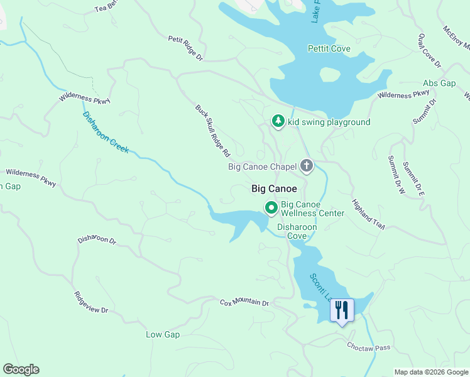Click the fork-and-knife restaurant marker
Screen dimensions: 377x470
[x=342, y=310]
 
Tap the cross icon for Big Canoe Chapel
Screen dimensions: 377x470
[x=306, y=166]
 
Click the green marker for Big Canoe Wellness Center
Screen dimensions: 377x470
[x=271, y=207]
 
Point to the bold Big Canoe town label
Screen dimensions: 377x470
[x=274, y=188]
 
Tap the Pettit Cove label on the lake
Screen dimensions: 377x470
[x=329, y=48]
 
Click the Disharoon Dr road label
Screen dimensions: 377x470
[x=97, y=240]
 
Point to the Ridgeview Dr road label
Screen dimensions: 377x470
[x=91, y=302]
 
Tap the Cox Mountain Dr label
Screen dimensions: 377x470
[x=244, y=302]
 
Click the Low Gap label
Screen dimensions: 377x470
[x=163, y=334]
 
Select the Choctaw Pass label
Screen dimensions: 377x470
[x=369, y=347]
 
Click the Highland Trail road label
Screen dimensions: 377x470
[x=368, y=214]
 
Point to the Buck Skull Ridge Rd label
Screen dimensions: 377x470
[x=213, y=131]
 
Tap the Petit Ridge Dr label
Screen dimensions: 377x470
[x=185, y=48]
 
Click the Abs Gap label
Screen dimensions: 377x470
[x=439, y=83]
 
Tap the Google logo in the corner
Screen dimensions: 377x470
[x=21, y=369]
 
